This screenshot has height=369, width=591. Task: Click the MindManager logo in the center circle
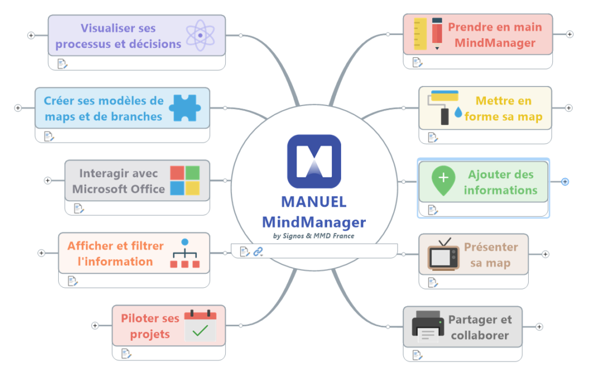[314, 161]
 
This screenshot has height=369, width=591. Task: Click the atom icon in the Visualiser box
[200, 35]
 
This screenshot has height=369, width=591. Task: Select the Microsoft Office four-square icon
[185, 180]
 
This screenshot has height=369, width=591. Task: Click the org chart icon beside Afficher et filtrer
[185, 254]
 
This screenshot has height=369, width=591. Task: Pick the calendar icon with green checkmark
[200, 326]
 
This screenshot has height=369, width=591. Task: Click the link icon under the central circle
[258, 251]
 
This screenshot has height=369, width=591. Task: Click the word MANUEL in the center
[313, 202]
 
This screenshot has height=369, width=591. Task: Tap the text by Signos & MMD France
[313, 235]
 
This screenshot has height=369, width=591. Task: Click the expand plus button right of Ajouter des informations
[565, 182]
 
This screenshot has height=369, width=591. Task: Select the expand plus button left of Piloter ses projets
[95, 326]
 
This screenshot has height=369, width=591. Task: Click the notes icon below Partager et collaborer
[417, 353]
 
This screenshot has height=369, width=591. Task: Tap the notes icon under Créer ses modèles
[48, 136]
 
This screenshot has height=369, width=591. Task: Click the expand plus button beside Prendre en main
[570, 35]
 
